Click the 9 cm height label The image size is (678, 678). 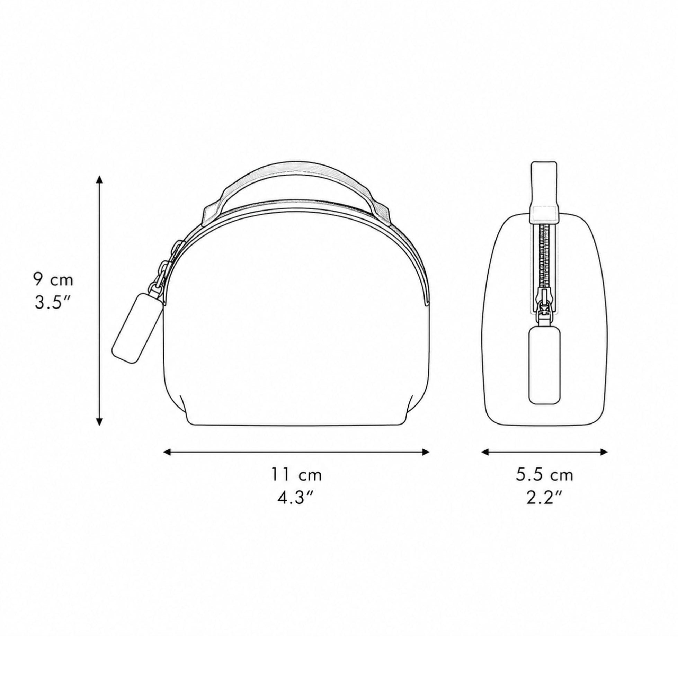53,280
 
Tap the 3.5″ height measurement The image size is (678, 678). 53,303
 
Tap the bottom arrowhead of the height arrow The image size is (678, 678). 100,422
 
